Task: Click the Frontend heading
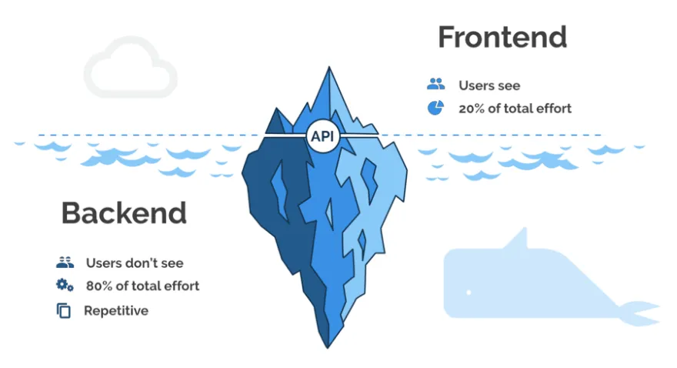pos(502,37)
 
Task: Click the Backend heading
pos(124,213)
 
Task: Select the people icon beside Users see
pos(435,85)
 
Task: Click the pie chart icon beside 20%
pos(435,108)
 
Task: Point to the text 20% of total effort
pos(515,109)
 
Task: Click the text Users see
pos(489,85)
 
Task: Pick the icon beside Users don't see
pos(65,263)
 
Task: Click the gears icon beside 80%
pos(65,286)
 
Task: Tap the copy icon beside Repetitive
pos(64,311)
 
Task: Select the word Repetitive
pos(115,311)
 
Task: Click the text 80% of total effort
pos(142,286)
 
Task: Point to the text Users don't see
pos(135,263)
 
